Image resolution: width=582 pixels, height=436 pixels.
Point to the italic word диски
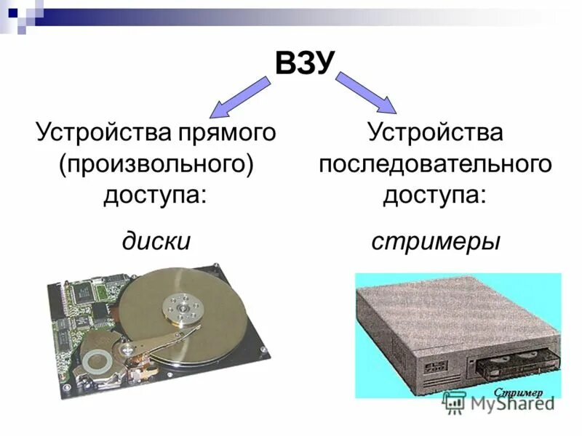(156, 240)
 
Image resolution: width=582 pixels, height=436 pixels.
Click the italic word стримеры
(436, 240)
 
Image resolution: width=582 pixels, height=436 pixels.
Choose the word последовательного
(435, 163)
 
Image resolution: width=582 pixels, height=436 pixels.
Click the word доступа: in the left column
(155, 195)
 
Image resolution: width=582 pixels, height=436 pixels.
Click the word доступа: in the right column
(435, 195)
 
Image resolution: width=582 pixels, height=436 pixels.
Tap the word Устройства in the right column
(435, 134)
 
